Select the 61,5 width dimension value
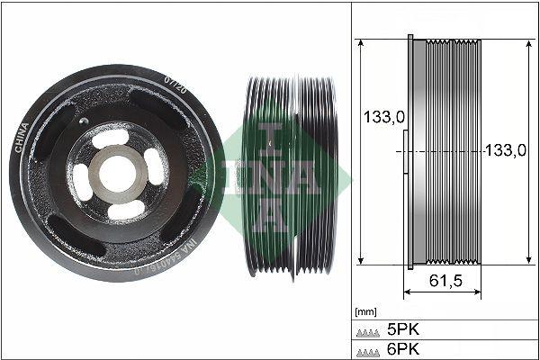pyautogui.click(x=445, y=281)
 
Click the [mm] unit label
pyautogui.click(x=364, y=311)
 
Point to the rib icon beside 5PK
pyautogui.click(x=369, y=329)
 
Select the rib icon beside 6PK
pyautogui.click(x=369, y=348)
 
